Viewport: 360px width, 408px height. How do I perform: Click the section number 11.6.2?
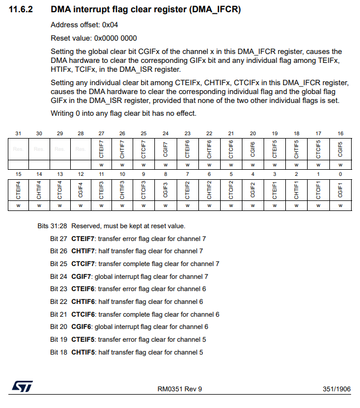tap(21, 10)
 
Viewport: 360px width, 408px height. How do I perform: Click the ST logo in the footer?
tap(23, 386)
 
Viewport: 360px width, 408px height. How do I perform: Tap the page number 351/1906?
tap(336, 389)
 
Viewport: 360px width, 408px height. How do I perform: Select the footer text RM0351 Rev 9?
tap(180, 389)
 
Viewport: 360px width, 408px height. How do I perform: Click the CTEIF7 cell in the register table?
tap(101, 149)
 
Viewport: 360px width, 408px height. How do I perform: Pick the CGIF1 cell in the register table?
tap(340, 189)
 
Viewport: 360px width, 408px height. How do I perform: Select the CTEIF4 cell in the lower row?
tap(18, 189)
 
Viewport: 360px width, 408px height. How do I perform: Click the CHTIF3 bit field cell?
tap(123, 189)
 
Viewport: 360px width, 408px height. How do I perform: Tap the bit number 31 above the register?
tap(18, 134)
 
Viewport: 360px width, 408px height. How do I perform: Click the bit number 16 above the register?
tap(340, 134)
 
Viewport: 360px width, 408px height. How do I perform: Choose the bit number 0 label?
tap(340, 174)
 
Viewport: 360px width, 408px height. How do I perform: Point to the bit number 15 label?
tap(18, 174)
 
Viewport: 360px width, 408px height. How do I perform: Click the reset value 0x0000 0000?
tap(115, 38)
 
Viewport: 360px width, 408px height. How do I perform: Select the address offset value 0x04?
tap(110, 25)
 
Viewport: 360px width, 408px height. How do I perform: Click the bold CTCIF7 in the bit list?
tap(82, 264)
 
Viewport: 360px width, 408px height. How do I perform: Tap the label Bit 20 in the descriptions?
tap(59, 327)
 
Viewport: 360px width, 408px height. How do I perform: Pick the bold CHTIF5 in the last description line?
tap(82, 352)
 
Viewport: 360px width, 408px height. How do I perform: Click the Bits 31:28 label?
tap(52, 226)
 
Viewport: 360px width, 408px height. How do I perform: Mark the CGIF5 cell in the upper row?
tap(340, 149)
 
